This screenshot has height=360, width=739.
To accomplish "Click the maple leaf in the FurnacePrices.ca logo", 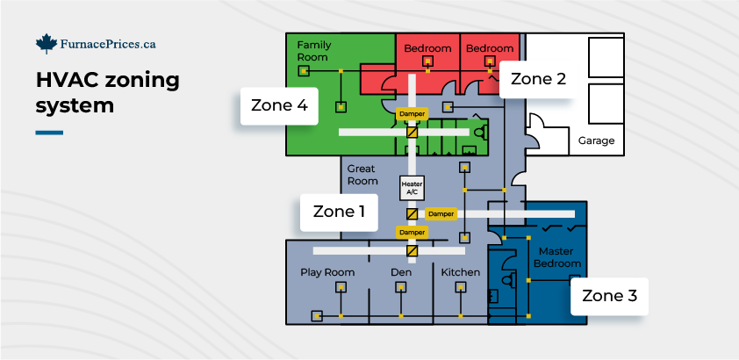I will click(47, 43).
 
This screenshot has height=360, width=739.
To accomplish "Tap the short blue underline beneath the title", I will click(49, 133).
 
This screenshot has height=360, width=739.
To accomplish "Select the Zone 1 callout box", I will click(339, 212).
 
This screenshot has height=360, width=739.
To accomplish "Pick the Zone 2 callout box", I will click(538, 78).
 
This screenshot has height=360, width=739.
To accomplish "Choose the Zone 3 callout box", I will click(609, 296).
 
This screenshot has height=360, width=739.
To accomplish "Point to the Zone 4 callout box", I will click(279, 105).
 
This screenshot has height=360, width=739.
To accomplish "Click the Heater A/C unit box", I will click(412, 187).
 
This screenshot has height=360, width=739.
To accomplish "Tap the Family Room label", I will click(312, 51).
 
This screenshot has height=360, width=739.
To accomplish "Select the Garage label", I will click(596, 140).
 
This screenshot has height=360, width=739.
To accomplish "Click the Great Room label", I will click(362, 174).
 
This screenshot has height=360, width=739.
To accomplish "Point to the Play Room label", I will click(327, 272).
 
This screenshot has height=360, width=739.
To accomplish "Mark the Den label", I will click(401, 272).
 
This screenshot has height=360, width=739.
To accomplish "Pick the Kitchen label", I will click(461, 272).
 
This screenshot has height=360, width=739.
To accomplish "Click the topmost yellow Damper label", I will click(412, 114).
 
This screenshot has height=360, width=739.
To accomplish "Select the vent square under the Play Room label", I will click(340, 287).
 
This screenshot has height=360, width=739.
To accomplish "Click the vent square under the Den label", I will click(401, 287).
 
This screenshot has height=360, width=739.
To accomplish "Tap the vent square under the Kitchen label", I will click(461, 287).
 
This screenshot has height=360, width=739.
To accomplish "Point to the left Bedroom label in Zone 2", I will click(427, 48).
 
